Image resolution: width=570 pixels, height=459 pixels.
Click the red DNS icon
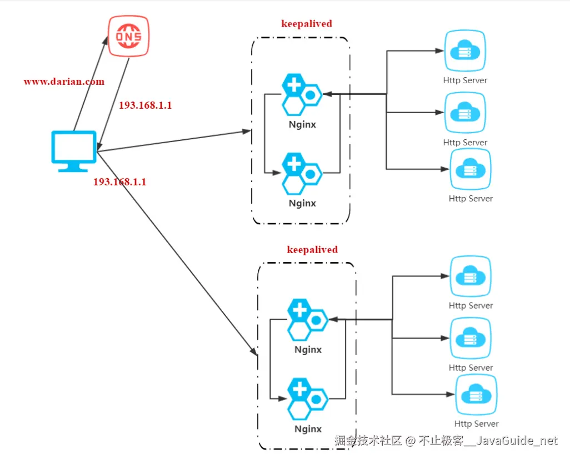129,36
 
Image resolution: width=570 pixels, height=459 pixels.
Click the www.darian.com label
64,82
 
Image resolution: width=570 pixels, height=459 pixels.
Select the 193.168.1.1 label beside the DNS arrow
146,105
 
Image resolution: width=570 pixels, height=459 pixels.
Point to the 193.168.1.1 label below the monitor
119,181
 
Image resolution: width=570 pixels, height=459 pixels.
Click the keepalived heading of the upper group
307,24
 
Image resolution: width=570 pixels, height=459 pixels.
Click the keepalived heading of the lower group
312,250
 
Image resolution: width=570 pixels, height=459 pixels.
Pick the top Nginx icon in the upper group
301,95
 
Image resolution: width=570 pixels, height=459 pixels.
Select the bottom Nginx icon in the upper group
301,173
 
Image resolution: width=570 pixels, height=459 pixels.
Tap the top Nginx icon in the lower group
307,320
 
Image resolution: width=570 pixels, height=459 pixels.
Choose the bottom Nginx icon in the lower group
307,399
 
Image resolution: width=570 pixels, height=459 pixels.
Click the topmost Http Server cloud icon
465,52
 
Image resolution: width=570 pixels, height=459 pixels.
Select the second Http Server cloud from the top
465,113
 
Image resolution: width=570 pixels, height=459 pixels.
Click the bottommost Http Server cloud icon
476,395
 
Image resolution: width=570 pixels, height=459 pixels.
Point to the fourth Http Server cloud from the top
471,277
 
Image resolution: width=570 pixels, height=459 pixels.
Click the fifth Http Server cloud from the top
471,339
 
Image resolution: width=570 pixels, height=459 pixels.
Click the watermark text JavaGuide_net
517,441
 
